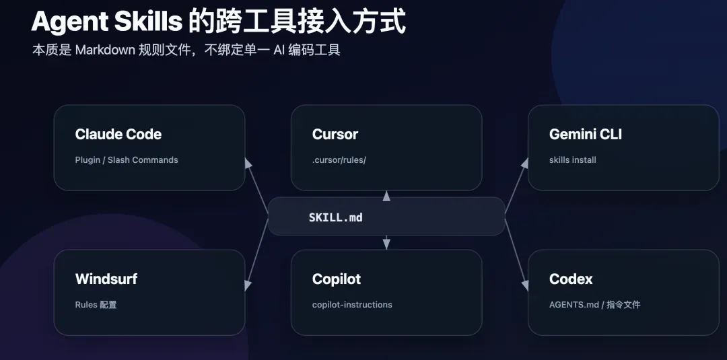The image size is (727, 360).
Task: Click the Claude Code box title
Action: click(x=118, y=135)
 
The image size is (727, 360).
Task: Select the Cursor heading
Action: click(x=335, y=135)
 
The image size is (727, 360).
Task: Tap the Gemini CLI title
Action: click(x=586, y=135)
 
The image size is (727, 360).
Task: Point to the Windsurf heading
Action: click(x=106, y=279)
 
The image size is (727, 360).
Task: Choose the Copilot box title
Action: click(x=337, y=279)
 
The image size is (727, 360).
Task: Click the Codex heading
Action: click(x=572, y=279)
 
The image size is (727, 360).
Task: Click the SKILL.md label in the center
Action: click(x=336, y=217)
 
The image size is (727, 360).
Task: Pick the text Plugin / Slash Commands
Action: click(x=127, y=160)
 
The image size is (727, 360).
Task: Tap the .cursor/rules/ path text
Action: click(x=339, y=160)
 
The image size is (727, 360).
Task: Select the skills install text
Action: click(x=573, y=160)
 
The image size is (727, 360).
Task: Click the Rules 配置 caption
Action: click(x=96, y=304)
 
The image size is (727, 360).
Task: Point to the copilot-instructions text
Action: click(x=352, y=305)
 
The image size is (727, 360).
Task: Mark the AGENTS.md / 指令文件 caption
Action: click(x=595, y=304)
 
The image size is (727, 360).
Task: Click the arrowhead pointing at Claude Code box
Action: click(x=248, y=164)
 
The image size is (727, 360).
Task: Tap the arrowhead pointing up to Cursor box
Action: click(x=386, y=196)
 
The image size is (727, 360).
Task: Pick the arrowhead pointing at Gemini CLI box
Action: click(x=525, y=164)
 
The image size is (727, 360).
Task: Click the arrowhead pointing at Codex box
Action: click(x=525, y=285)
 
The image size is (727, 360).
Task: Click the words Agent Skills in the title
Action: click(x=106, y=22)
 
